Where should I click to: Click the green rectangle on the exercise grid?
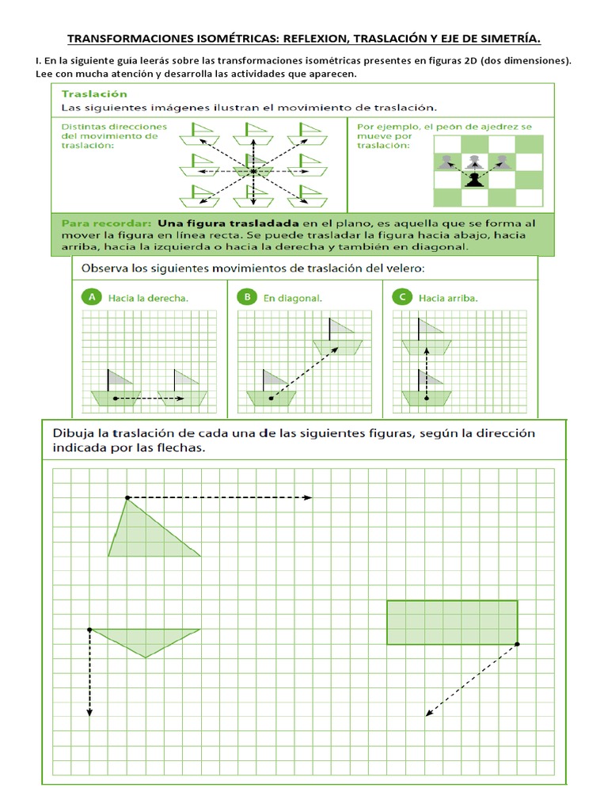pos(452,623)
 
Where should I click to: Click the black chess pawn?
pos(473,179)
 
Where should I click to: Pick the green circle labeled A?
pos(92,298)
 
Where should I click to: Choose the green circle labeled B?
pos(247,298)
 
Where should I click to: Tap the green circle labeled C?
pos(403,298)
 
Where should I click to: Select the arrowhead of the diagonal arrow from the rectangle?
pos(428,714)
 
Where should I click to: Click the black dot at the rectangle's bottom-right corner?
pos(517,645)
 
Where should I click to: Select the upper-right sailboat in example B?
pos(338,339)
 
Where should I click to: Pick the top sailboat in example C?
pos(426,339)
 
